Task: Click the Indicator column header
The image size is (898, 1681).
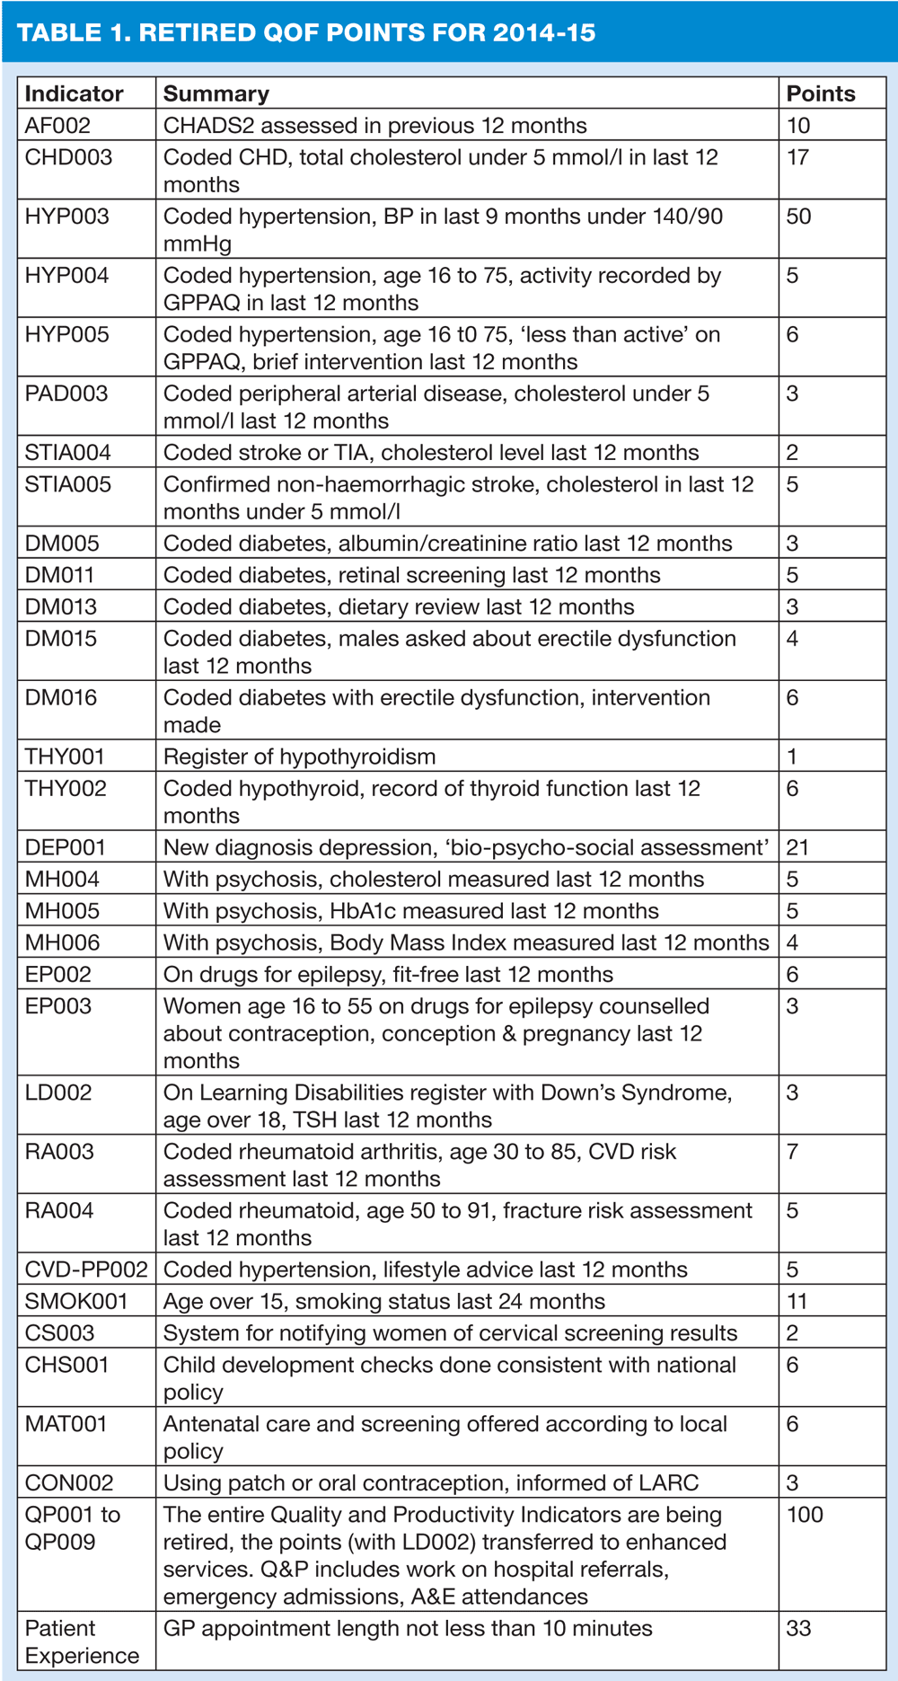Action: tap(74, 93)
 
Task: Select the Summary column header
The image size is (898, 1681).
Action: tap(216, 93)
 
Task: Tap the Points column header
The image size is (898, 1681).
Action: tap(820, 93)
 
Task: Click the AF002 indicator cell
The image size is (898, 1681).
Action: tap(57, 126)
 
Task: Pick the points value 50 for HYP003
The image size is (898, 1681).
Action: tap(798, 217)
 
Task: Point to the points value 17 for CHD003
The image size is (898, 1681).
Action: tap(797, 157)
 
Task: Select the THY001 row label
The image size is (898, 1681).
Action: tap(65, 756)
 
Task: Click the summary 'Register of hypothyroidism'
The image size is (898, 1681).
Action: tap(299, 756)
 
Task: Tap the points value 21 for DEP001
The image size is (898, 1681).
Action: tap(798, 847)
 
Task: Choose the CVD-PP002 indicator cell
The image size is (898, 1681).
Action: tap(86, 1270)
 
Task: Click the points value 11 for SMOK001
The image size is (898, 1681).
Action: tap(797, 1301)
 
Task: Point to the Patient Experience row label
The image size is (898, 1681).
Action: tap(81, 1641)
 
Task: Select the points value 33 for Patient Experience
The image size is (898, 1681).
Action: tap(798, 1628)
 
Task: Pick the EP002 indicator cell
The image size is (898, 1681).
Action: tap(57, 974)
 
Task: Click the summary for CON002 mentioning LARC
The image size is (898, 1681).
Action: tap(430, 1482)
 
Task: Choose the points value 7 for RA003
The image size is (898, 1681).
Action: tap(792, 1152)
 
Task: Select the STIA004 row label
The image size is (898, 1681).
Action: tap(67, 453)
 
